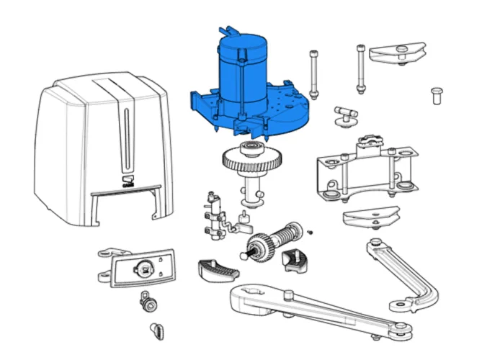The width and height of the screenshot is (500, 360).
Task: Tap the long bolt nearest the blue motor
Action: pos(314,75)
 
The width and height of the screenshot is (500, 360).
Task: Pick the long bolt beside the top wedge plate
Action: pos(360,68)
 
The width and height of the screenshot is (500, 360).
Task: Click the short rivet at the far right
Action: pos(436,95)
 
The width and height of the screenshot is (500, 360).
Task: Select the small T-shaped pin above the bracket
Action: pos(347,116)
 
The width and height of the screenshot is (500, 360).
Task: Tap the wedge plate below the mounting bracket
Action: pos(371,216)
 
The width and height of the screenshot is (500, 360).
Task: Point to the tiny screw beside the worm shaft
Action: pos(309,231)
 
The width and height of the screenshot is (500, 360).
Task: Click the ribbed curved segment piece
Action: pos(217,270)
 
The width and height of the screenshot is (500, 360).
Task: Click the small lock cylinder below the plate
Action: pos(149,303)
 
